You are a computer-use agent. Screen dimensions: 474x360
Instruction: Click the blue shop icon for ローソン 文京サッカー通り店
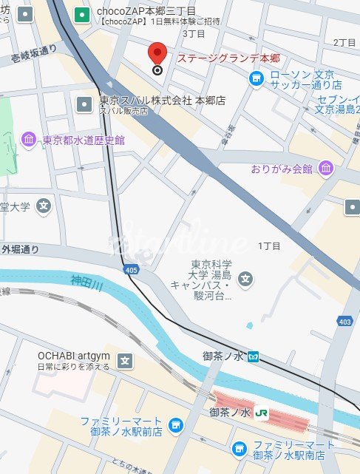click(x=256, y=78)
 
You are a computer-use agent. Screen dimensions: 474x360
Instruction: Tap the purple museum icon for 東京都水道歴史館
click(x=29, y=140)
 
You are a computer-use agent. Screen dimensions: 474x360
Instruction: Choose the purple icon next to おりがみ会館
click(x=325, y=169)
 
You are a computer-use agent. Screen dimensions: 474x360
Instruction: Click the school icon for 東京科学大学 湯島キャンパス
click(x=246, y=280)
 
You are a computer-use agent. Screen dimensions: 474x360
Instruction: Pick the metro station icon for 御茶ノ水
click(x=254, y=356)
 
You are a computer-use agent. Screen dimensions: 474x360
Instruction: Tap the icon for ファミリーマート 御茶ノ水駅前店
click(x=175, y=424)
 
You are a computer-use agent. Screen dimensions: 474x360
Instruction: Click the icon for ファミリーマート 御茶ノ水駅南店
click(x=239, y=448)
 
